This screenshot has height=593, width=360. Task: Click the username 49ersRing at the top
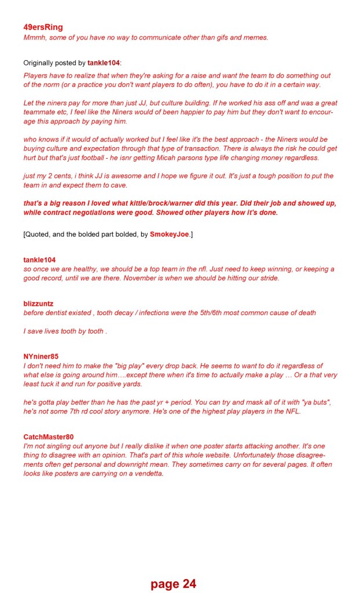click(43, 27)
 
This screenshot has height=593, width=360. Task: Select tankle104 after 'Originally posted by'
click(104, 63)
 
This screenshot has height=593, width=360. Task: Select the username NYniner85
click(41, 356)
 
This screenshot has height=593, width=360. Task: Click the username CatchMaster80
click(49, 437)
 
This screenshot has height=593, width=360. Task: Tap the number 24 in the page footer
click(189, 584)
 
